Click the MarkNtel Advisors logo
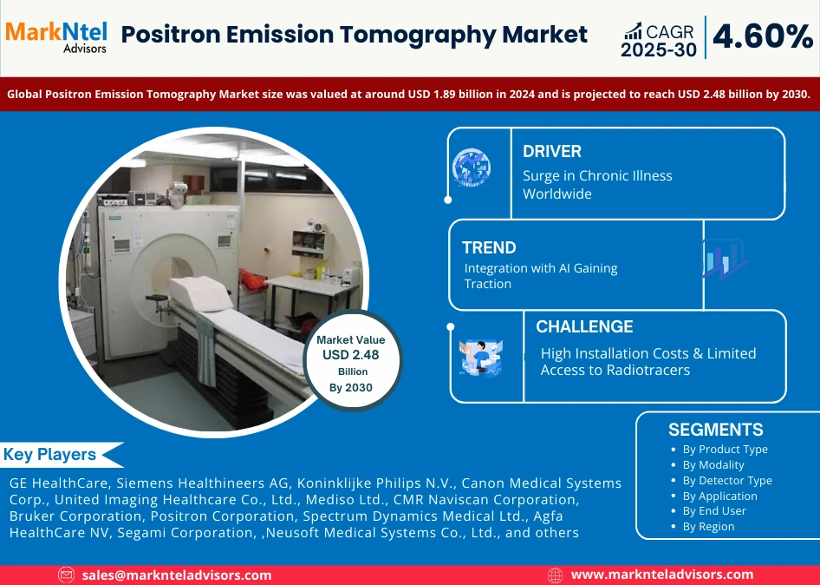(x=56, y=36)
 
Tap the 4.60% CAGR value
(x=763, y=37)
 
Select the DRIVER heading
(x=551, y=151)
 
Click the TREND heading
(x=489, y=247)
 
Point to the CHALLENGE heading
(x=584, y=326)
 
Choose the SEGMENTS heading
(x=715, y=430)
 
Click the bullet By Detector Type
(x=727, y=480)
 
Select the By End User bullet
(x=714, y=510)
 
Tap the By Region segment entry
(x=708, y=526)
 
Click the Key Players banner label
(x=49, y=454)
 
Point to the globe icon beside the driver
(x=472, y=168)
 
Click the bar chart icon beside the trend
(x=725, y=260)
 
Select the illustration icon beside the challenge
(x=480, y=358)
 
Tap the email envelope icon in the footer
(x=66, y=575)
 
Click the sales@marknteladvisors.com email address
(x=177, y=575)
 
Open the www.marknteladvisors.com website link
(x=662, y=575)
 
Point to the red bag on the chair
(x=252, y=280)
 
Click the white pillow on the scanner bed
(x=200, y=294)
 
